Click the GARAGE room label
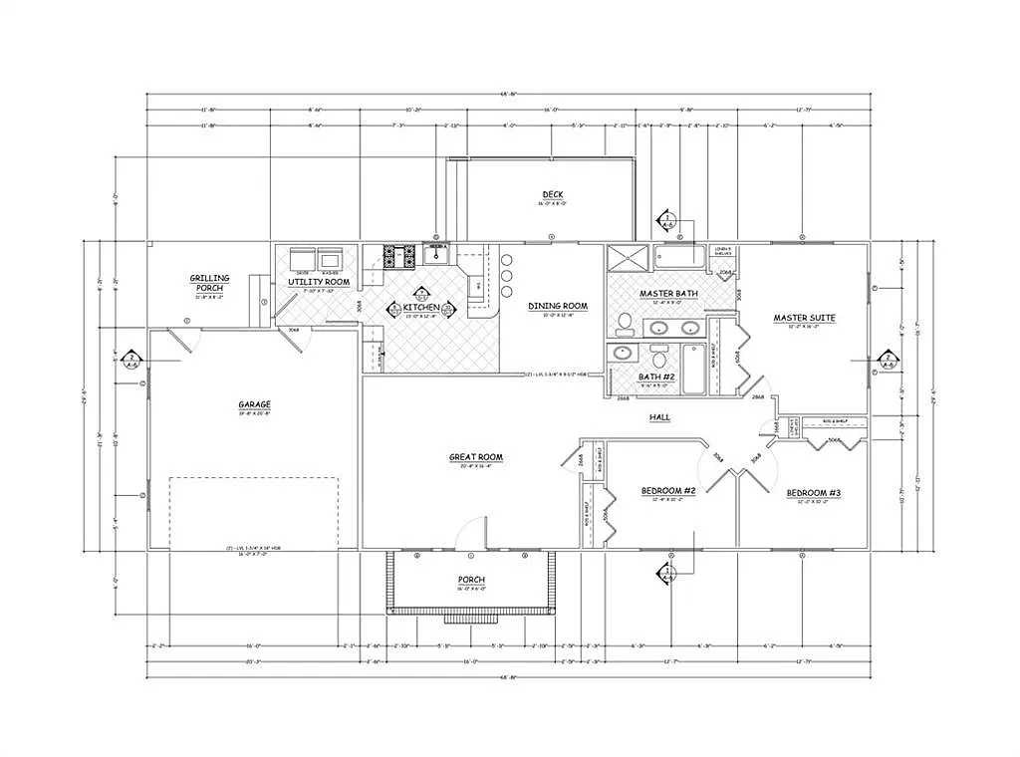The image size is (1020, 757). click(x=254, y=404)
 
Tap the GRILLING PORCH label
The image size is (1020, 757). click(x=210, y=283)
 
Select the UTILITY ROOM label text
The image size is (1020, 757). click(x=319, y=282)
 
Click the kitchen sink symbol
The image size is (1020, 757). click(x=436, y=256)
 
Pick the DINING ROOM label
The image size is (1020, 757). click(x=558, y=306)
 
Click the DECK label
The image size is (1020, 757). click(x=555, y=194)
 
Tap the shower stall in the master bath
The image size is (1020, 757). click(x=628, y=257)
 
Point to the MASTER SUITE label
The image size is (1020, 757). click(x=804, y=318)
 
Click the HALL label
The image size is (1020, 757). click(x=659, y=416)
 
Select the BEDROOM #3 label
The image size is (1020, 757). click(x=814, y=493)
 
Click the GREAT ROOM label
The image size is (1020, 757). click(x=476, y=457)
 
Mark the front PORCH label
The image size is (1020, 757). click(x=471, y=580)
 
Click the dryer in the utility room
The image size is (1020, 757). click(x=301, y=259)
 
